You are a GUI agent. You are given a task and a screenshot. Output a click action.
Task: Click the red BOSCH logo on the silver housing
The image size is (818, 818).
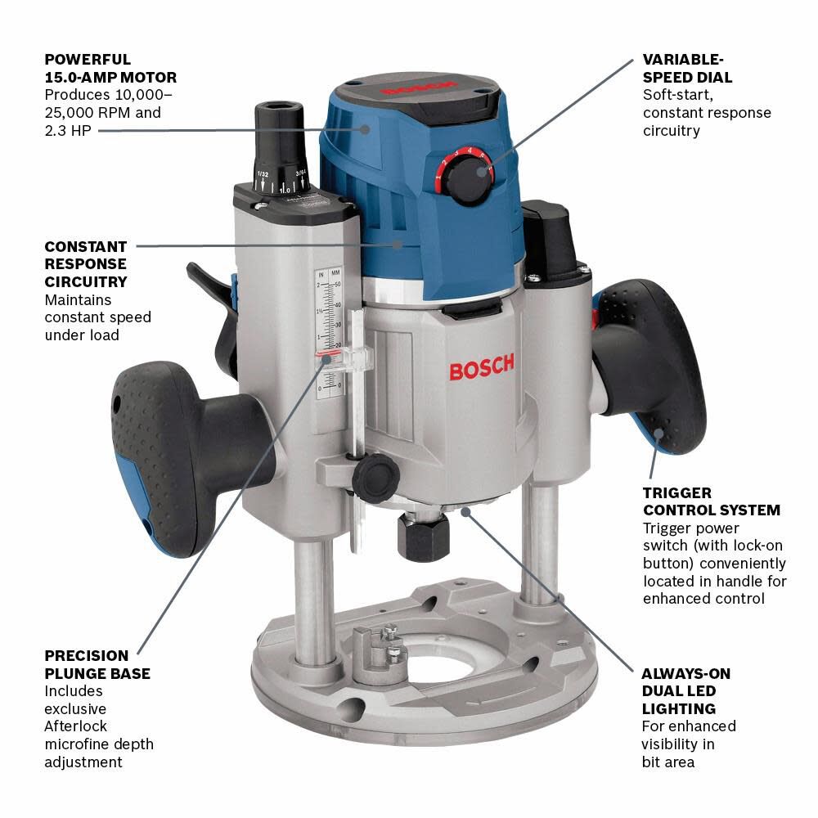pyautogui.click(x=482, y=367)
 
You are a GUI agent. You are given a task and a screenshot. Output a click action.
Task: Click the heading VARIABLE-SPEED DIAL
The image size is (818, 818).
pyautogui.click(x=687, y=69)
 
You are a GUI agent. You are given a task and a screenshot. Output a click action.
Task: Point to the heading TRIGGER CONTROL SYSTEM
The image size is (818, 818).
pyautogui.click(x=711, y=501)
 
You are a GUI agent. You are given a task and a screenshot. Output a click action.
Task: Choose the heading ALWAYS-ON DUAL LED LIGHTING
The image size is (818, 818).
pyautogui.click(x=685, y=691)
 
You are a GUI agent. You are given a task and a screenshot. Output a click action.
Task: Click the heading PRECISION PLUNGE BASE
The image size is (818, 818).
pyautogui.click(x=97, y=664)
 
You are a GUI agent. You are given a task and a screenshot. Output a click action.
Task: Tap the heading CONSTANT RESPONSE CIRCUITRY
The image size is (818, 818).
pyautogui.click(x=85, y=264)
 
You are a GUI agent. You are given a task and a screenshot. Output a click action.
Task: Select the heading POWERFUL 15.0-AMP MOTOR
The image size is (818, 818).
pyautogui.click(x=110, y=69)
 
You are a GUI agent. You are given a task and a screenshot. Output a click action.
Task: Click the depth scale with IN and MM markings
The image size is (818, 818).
pyautogui.click(x=329, y=335)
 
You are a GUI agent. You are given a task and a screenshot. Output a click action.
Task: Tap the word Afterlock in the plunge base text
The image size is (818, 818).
pyautogui.click(x=75, y=726)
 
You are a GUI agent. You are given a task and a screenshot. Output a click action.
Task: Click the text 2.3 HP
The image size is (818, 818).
pyautogui.click(x=64, y=130)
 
